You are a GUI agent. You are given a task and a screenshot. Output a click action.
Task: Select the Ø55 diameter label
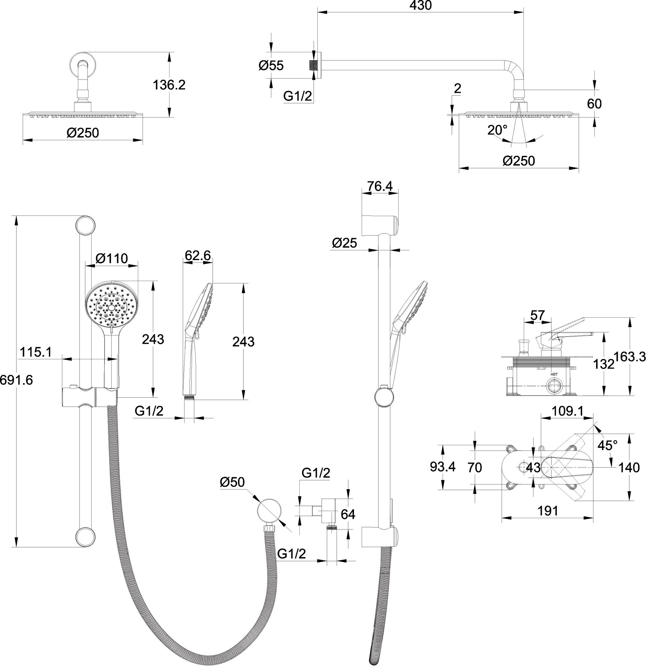point(271,66)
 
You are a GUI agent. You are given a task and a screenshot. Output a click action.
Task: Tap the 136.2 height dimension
point(169,85)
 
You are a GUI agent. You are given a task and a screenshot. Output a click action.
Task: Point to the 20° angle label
point(497,130)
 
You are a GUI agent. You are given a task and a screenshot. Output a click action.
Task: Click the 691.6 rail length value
point(16,380)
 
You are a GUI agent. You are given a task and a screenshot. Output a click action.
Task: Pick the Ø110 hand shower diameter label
point(112,259)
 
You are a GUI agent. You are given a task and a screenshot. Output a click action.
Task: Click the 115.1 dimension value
point(36,352)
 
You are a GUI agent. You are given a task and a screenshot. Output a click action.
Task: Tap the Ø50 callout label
point(232,482)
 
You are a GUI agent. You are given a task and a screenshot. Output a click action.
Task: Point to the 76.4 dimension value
point(380,186)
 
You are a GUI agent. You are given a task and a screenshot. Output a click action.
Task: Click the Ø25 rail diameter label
point(344,243)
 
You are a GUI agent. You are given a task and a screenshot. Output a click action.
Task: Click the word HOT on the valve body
point(554,374)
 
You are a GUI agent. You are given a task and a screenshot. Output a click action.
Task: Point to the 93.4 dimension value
point(443,467)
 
